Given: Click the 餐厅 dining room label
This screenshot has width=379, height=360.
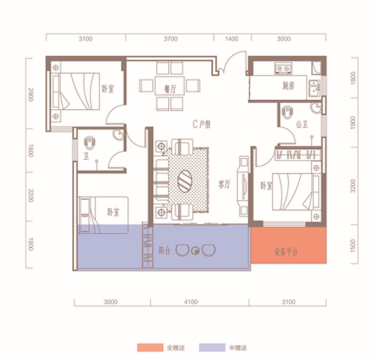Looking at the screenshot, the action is click(170, 89).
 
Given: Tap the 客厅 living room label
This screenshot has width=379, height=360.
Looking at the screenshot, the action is click(224, 184).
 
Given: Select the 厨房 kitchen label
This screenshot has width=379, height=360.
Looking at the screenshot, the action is click(289, 85).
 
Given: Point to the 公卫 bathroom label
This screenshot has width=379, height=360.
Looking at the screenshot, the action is click(302, 124).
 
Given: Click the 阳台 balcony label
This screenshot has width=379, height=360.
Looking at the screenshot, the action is click(164, 250).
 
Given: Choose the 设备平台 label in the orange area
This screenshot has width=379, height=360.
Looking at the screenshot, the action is click(286, 252).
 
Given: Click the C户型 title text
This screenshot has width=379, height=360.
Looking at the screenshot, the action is click(202, 124).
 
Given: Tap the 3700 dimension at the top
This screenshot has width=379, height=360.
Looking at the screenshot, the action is click(171, 39).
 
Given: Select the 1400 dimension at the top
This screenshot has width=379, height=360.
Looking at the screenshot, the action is click(231, 39).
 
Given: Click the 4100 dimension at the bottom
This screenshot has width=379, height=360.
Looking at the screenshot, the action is click(191, 302).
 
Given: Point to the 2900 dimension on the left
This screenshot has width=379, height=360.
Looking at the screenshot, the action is click(31, 95).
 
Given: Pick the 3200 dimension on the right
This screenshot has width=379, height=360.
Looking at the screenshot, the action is click(353, 186).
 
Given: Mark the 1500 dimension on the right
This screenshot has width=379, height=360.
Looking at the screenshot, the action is click(353, 246).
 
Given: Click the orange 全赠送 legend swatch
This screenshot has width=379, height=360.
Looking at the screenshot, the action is click(150, 347).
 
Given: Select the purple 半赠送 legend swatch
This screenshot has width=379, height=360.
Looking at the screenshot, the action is click(212, 347).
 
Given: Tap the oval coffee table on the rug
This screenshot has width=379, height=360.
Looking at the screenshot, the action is click(185, 181).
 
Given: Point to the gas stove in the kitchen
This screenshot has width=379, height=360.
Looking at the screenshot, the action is click(283, 68).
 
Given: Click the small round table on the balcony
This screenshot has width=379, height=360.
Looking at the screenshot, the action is click(195, 251).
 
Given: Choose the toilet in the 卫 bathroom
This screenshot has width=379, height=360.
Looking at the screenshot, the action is click(89, 143).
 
